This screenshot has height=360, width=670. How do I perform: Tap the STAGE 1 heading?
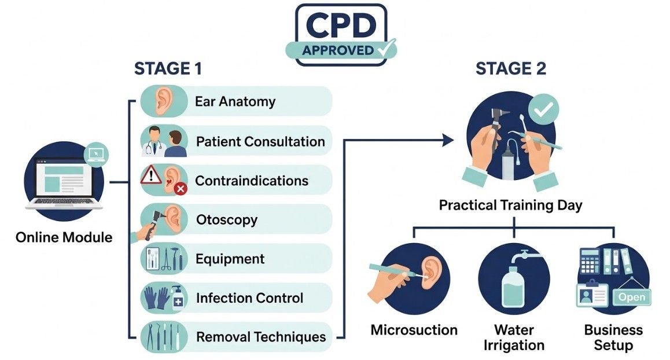168,68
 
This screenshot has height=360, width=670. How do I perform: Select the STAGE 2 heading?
510,68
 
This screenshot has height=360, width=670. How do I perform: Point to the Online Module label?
64,237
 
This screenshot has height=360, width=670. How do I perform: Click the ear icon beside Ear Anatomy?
164,101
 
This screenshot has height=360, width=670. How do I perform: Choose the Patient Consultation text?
260,141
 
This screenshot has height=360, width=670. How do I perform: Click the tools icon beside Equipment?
164,259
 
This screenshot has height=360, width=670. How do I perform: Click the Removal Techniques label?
261,337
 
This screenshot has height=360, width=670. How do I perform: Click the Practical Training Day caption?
510,205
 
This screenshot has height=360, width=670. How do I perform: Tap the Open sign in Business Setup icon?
632,297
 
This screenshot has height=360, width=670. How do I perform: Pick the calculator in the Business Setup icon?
589,262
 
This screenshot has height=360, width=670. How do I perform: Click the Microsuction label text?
414,330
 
